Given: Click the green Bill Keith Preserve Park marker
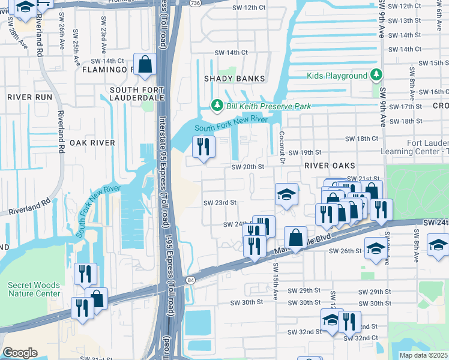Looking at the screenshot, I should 217,106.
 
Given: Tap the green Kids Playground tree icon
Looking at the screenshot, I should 376,75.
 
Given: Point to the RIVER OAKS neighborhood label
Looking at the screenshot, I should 330,165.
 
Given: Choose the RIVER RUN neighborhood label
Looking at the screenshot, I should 29,97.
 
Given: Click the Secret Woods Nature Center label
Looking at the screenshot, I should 34,289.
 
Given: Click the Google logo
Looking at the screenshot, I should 20,352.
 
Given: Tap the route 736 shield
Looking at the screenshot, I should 195,3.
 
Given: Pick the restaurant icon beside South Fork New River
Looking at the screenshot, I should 203,146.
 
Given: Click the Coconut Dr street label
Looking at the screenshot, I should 282,146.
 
